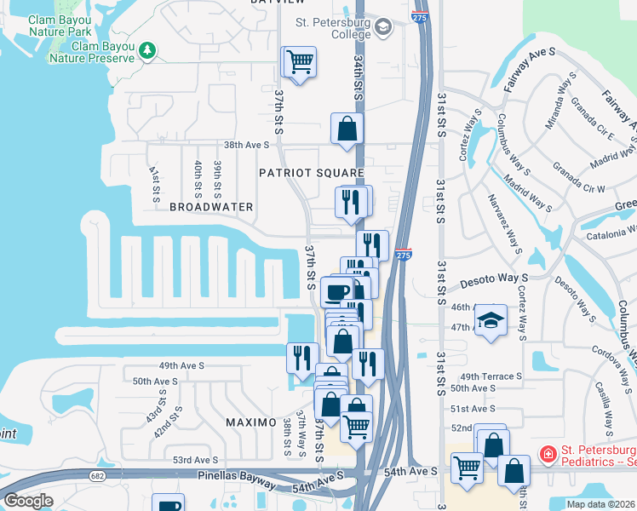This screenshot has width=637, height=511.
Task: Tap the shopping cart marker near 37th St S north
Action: click(300, 62)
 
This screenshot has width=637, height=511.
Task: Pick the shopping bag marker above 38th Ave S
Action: click(347, 129)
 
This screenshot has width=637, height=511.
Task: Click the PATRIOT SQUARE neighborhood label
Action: click(312, 173)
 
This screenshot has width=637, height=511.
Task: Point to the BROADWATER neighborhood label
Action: click(211, 207)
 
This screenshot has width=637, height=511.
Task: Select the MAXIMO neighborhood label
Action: click(251, 422)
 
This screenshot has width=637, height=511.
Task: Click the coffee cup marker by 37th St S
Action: click(338, 291)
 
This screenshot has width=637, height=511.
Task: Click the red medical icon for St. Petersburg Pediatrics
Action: click(548, 454)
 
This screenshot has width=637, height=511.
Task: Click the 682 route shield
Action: click(99, 475)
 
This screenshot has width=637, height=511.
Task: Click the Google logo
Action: click(28, 501)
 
